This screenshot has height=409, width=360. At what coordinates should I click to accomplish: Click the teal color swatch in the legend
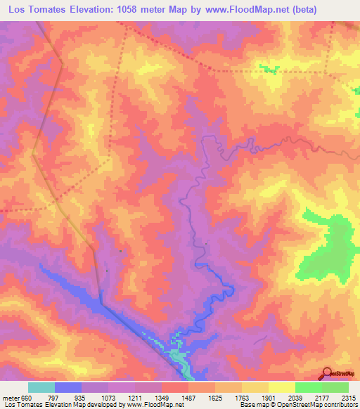[41, 387]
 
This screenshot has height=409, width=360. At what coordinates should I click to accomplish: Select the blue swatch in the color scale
[68, 387]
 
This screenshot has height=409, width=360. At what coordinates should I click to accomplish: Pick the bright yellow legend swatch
[281, 387]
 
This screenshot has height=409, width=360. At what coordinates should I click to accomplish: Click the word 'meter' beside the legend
[8, 398]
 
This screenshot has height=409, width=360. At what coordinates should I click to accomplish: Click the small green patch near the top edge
[266, 69]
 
